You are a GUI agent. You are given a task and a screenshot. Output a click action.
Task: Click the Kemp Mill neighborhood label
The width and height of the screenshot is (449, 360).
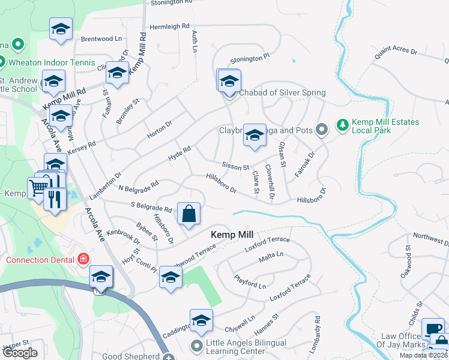coord(231,235)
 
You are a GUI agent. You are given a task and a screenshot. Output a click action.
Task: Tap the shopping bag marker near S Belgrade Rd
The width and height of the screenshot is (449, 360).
coord(188,214)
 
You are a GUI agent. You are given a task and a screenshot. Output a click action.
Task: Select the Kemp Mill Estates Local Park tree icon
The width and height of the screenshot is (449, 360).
coord(343,125)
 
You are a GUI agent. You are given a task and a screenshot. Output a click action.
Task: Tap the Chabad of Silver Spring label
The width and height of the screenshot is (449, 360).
coord(282,92)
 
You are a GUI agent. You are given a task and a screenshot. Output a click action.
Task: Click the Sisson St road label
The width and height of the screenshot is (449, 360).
coord(235,166)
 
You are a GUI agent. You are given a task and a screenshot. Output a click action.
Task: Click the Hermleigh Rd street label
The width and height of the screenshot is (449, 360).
coord(169,27)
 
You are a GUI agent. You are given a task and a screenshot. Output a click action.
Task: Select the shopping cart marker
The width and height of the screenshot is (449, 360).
coord(37,187)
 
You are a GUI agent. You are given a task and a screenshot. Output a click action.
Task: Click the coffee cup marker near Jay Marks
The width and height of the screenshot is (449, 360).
coord(433,329)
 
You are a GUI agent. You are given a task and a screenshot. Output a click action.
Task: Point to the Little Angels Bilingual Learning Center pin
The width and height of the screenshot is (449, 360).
coord(196,346)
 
